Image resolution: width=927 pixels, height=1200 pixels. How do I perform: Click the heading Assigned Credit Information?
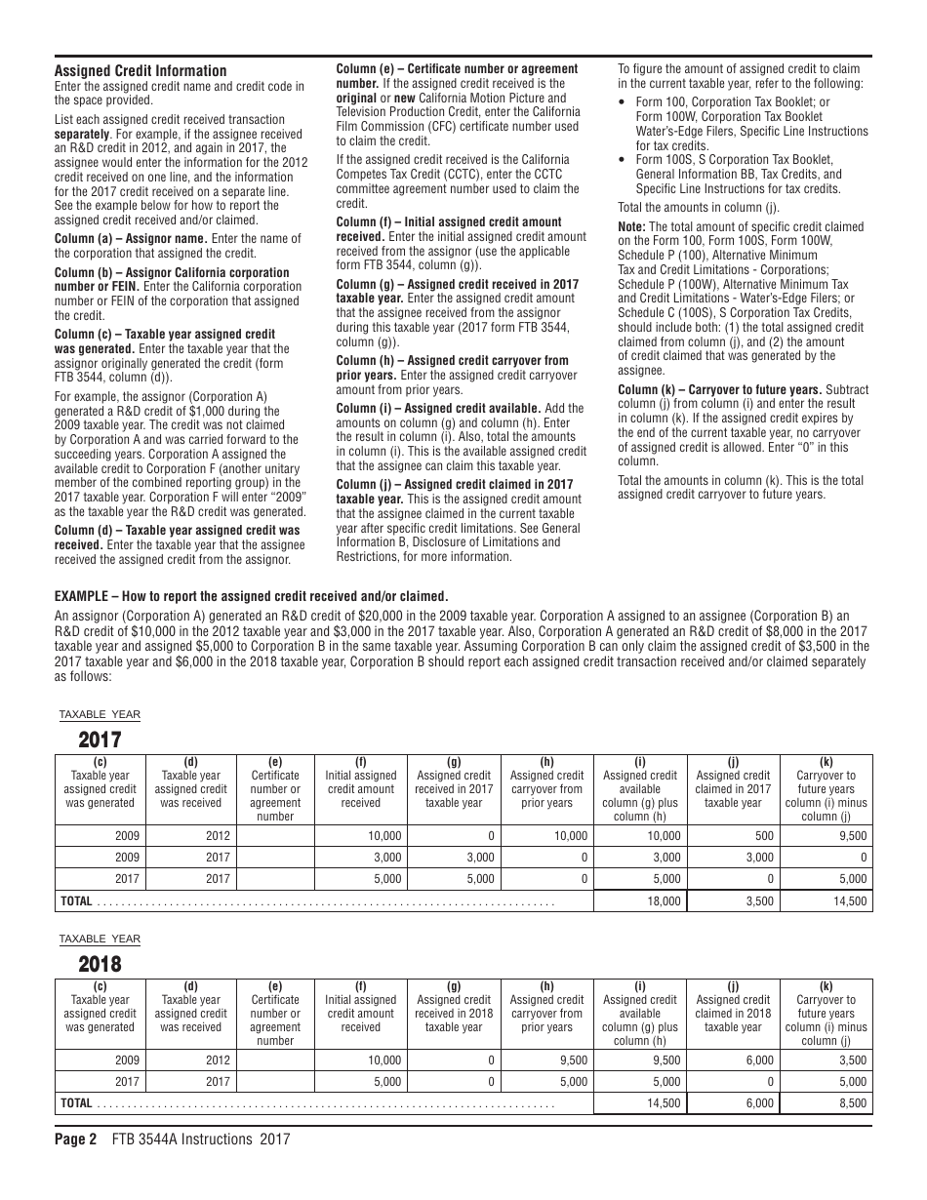141,71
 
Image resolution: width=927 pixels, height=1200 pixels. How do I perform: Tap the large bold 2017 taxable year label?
101,740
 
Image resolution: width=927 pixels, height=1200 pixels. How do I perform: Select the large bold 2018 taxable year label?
101,965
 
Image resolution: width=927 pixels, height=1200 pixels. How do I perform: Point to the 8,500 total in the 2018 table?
852,1103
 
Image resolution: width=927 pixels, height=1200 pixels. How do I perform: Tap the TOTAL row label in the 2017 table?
77,901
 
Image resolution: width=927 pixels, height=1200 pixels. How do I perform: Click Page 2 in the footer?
75,1139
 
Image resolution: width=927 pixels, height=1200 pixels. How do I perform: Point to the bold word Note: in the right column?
632,227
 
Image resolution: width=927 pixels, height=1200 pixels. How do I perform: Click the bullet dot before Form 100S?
623,160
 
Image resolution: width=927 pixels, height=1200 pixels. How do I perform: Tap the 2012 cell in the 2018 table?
218,1060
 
